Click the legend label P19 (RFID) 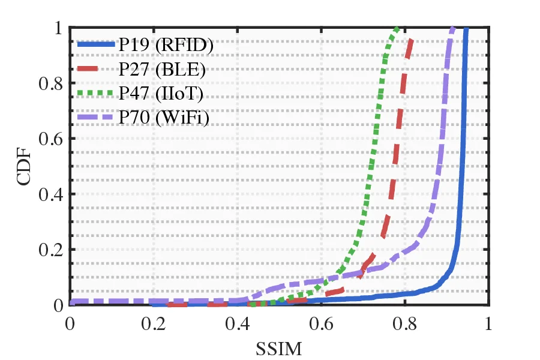(166, 45)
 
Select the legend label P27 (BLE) (162, 69)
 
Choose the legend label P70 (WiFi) (164, 118)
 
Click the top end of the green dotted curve (397, 28)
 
